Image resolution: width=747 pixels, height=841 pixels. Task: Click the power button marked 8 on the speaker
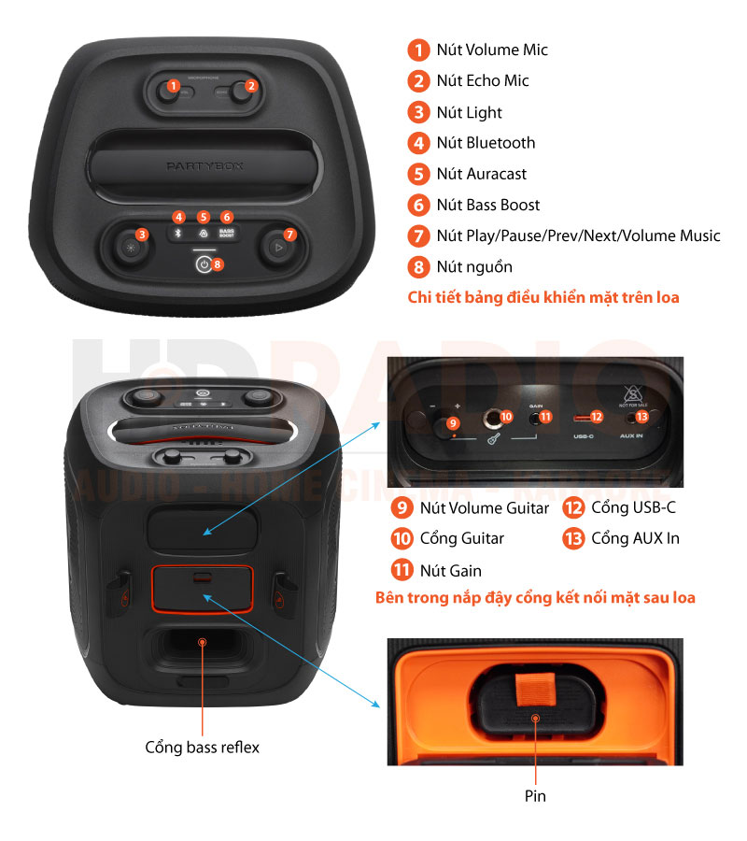[x=204, y=264]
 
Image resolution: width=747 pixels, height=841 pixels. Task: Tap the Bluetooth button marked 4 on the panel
[x=179, y=233]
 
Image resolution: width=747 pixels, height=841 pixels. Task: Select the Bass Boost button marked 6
[x=226, y=233]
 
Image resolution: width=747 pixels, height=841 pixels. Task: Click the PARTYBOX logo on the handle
[x=204, y=165]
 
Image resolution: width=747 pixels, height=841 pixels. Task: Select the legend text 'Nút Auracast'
[x=481, y=174]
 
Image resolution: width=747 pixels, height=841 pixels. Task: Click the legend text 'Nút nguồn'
[x=473, y=267]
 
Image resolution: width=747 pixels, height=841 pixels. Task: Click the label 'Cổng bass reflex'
[x=202, y=747]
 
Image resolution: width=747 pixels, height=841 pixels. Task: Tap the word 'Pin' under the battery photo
[x=535, y=796]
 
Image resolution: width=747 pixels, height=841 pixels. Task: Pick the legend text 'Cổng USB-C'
[x=633, y=508]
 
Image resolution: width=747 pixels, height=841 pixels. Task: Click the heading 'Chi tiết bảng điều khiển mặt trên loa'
[x=543, y=298]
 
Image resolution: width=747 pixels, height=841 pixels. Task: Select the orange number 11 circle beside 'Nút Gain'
[x=402, y=570]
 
